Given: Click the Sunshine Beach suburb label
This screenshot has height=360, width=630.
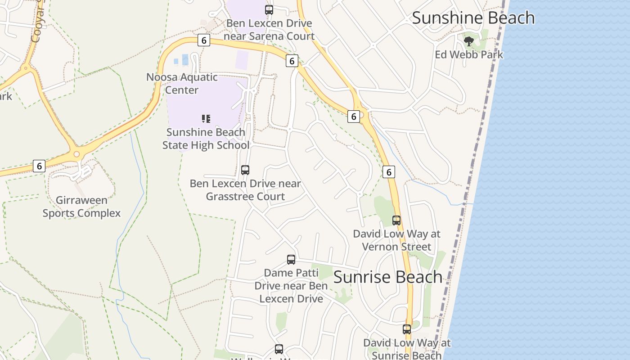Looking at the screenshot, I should pos(473,18).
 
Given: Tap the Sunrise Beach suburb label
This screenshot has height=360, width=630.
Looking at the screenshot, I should pos(388,277).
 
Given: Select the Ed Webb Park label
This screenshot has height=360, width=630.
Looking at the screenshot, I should pos(469,54).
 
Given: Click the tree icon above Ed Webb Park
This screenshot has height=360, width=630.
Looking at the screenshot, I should pos(469,41).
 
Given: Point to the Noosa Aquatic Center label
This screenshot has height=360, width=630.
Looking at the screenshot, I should pos(182,83).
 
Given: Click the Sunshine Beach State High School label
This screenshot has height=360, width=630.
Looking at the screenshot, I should pos(206,139).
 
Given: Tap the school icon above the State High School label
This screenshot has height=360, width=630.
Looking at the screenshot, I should pos(206,119).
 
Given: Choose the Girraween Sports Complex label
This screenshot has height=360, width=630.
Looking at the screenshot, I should pos(81,207).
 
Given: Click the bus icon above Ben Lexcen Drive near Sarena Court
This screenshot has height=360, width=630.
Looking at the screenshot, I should pos(269,9).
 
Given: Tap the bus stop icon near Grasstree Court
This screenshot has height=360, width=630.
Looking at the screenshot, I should pos(245,170).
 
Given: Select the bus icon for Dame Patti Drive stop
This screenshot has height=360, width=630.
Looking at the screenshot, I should pos(291,260).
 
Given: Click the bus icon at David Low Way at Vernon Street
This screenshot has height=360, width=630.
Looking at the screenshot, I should pos(396,220).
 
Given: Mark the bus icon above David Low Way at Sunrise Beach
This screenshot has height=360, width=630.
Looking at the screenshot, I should pos(407,329).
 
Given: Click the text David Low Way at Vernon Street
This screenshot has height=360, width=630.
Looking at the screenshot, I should pos(396,240).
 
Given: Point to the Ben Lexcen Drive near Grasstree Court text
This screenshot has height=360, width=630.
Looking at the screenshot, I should pos(245,190).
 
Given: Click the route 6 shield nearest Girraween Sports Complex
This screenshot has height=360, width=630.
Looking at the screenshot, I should pos(39,166).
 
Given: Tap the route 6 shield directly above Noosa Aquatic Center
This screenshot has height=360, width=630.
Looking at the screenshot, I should pos(204,40).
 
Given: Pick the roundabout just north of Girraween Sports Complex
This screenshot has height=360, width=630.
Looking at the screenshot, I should pos(77,154).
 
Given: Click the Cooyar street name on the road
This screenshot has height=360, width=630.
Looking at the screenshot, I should pos(36,27).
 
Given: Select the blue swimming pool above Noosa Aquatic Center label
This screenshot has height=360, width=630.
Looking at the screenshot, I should pos(185,59).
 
